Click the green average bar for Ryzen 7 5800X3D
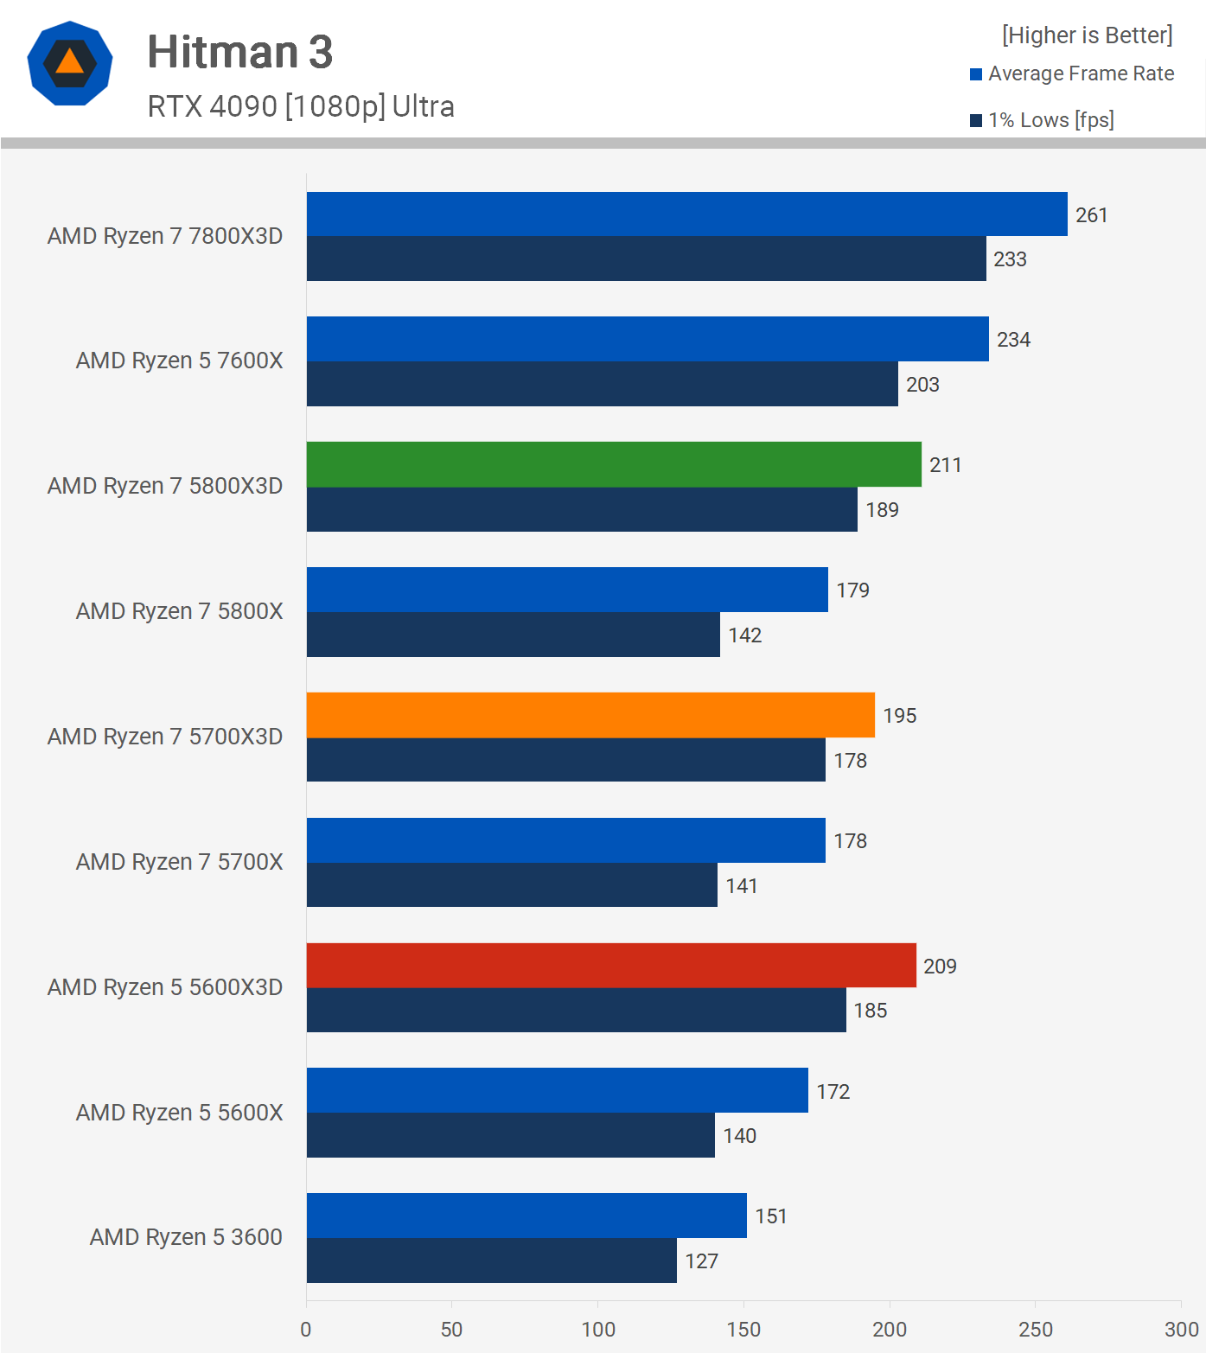[614, 464]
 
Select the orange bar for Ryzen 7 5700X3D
[590, 715]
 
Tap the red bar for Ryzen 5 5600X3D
[611, 966]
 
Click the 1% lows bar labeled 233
[646, 258]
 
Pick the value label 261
[1091, 215]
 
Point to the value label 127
[701, 1261]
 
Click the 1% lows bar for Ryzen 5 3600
[491, 1260]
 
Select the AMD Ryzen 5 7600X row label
[179, 361]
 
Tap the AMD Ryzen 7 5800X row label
[179, 611]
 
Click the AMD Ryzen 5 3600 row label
[186, 1237]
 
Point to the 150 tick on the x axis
[743, 1330]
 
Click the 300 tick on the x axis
[1181, 1330]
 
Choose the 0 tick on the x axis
[306, 1330]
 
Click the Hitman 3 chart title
[239, 52]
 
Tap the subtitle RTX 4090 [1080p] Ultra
[301, 106]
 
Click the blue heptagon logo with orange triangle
[70, 63]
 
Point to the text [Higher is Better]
[1087, 35]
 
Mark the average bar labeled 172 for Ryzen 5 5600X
[557, 1090]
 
